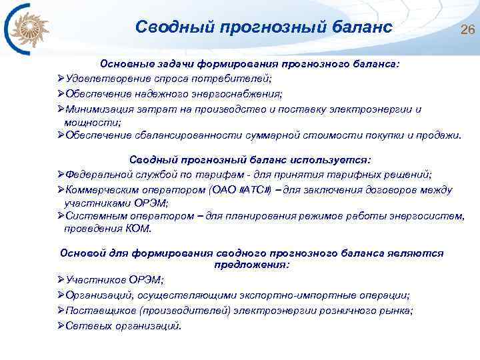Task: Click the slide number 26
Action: [467, 30]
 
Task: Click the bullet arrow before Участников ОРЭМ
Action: [61, 280]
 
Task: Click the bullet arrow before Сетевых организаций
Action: [61, 326]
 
